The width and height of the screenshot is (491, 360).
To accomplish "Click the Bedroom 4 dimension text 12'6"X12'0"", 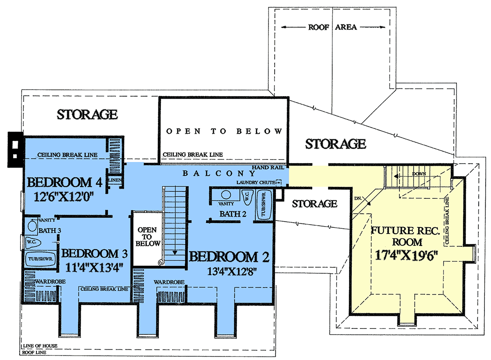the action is tap(64, 196).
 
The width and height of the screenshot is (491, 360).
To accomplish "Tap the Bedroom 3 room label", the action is tap(95, 253).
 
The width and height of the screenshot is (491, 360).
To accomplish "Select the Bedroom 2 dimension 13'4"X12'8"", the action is tap(232, 272).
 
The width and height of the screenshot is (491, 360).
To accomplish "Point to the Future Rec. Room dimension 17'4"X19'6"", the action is tap(406, 255).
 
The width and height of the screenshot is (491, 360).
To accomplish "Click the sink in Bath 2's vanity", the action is tap(226, 195).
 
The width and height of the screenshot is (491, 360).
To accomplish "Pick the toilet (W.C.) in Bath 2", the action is tap(247, 197).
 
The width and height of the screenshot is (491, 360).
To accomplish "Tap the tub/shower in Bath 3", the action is tap(41, 259).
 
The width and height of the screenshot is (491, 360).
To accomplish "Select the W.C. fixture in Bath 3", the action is tap(33, 242).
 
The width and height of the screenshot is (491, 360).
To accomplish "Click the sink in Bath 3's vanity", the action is tap(32, 226).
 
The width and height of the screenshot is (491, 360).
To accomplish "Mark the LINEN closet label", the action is tap(115, 180).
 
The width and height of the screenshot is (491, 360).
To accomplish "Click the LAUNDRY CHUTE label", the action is tap(256, 182).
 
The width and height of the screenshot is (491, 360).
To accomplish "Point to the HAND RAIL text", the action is tap(268, 167).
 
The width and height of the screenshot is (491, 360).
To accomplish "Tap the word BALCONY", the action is tap(219, 173).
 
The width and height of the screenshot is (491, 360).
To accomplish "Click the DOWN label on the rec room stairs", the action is tap(419, 174).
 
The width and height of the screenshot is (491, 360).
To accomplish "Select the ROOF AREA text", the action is tap(333, 27).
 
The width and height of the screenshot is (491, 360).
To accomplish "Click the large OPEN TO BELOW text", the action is tap(224, 131).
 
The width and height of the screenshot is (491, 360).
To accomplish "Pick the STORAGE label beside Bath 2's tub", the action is tap(314, 204).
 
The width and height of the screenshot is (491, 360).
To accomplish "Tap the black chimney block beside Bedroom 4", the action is tap(16, 149).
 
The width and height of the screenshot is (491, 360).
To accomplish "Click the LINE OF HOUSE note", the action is tap(40, 346).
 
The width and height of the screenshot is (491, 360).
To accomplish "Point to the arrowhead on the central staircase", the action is tap(175, 253).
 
